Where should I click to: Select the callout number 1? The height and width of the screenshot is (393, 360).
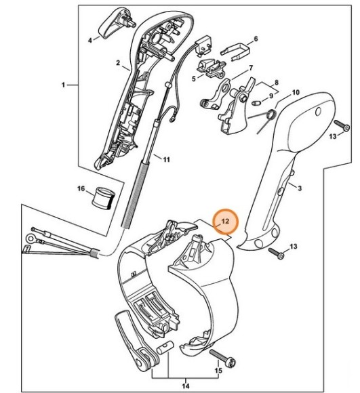tap(64, 85)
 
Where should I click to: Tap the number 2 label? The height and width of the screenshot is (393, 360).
tap(117, 64)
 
